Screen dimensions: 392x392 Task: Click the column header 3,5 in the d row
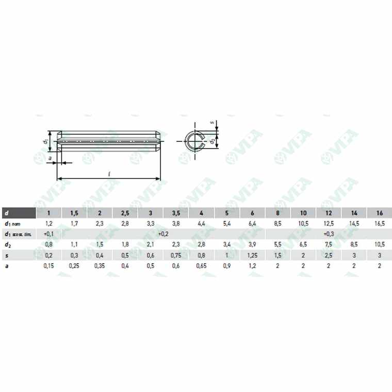pos(175,213)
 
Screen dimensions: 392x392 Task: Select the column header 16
pos(380,213)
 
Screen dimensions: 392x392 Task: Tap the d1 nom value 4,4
pos(201,223)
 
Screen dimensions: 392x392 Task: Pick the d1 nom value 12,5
pos(329,223)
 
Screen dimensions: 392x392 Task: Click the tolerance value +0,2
pos(163,234)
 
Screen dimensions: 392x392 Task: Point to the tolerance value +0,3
pos(329,234)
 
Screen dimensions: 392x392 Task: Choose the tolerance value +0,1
pos(49,234)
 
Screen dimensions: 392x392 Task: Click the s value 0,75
pos(175,254)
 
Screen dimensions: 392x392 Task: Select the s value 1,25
pos(252,254)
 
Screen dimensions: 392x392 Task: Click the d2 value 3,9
pos(252,244)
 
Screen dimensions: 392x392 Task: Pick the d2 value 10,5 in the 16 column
pos(380,244)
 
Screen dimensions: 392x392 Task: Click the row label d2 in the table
pos(7,244)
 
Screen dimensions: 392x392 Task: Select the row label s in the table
pos(6,254)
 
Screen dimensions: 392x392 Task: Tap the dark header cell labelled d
pos(18,213)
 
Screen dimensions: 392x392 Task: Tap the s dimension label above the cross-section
pos(212,123)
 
